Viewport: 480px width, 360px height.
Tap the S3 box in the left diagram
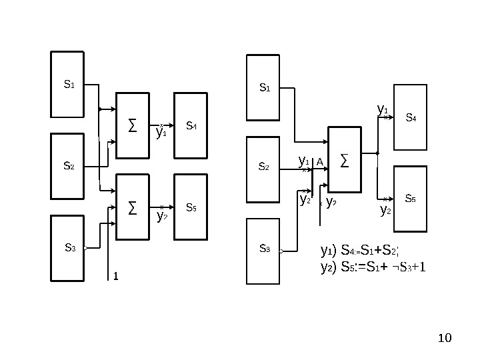(69, 247)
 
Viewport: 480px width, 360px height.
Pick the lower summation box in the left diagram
(133, 207)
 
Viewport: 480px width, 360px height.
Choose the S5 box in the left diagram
(191, 207)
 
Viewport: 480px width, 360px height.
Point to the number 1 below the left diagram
(115, 275)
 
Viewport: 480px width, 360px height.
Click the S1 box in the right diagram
(264, 87)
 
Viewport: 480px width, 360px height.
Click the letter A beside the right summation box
(319, 162)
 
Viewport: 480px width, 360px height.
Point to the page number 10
(445, 340)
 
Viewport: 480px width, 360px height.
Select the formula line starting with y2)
(373, 267)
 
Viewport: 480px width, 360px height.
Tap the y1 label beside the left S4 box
(161, 132)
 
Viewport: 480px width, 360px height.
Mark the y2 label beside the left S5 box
(161, 216)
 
